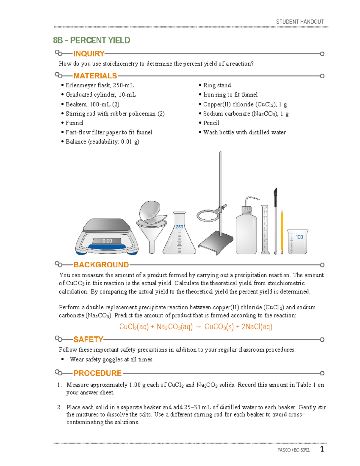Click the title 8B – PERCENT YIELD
pyautogui.click(x=91, y=40)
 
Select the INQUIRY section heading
pyautogui.click(x=89, y=54)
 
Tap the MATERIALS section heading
pyautogui.click(x=95, y=76)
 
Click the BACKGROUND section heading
pyautogui.click(x=101, y=265)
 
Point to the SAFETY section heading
pyautogui.click(x=88, y=339)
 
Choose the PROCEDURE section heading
pyautogui.click(x=97, y=373)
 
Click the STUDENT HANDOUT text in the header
pyautogui.click(x=300, y=22)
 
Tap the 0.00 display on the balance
pyautogui.click(x=107, y=241)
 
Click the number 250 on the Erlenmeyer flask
pyautogui.click(x=179, y=227)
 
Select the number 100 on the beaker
pyautogui.click(x=299, y=237)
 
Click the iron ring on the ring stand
pyautogui.click(x=208, y=216)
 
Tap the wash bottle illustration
pyautogui.click(x=246, y=231)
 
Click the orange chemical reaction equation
pyautogui.click(x=196, y=327)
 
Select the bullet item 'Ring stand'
pyautogui.click(x=217, y=85)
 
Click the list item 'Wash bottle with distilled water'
pyautogui.click(x=244, y=132)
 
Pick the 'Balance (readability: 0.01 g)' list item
pyautogui.click(x=102, y=142)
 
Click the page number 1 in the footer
pyautogui.click(x=322, y=449)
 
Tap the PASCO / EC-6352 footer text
pyautogui.click(x=293, y=450)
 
